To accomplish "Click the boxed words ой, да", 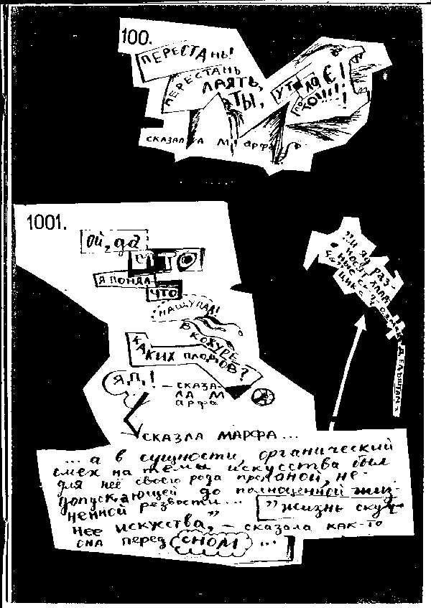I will [x=105, y=242].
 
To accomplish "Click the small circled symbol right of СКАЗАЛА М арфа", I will [x=262, y=394].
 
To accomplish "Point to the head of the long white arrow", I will [x=361, y=320].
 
